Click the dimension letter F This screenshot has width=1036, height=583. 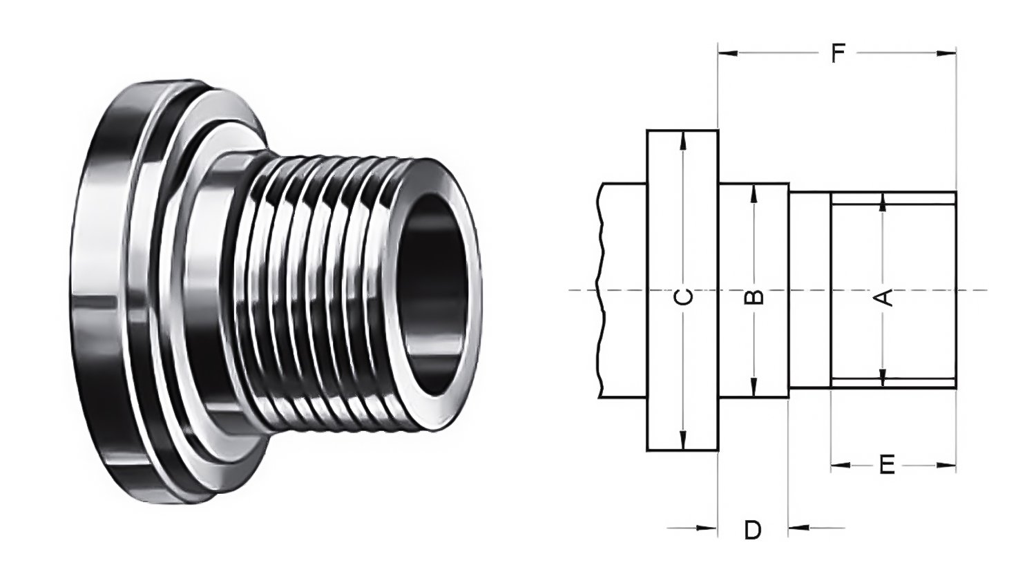[x=837, y=53]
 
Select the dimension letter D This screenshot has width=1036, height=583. [x=752, y=530]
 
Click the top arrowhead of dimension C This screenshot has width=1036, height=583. [x=682, y=139]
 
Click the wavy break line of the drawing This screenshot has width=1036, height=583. [x=599, y=290]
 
